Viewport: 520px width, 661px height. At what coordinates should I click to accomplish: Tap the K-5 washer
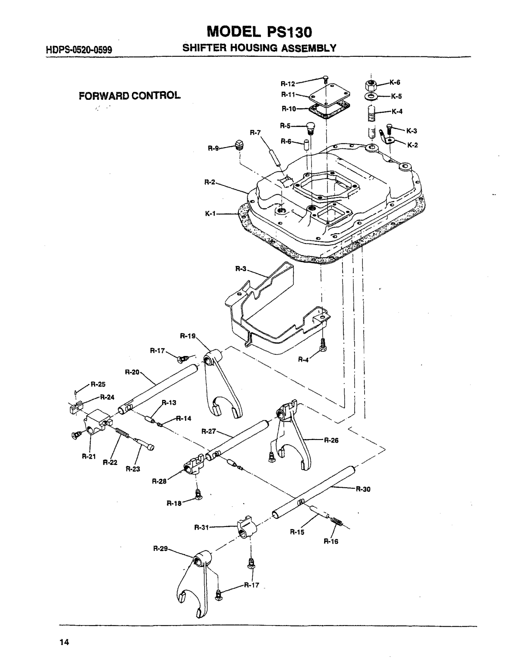[371, 97]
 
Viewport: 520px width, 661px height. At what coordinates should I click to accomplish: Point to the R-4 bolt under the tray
[323, 345]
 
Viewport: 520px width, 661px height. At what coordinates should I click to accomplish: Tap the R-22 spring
[122, 434]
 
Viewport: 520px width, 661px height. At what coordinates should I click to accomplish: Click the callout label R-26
[331, 440]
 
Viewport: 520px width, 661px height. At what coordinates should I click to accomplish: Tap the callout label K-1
[211, 214]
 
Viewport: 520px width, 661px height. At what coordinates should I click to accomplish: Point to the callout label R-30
[363, 489]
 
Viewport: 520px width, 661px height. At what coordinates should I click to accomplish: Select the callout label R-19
[188, 336]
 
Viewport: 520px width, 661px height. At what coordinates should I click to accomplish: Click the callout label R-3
[241, 269]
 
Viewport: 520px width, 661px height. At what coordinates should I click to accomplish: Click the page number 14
[64, 642]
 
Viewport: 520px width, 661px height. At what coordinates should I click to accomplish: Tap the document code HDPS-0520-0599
[79, 50]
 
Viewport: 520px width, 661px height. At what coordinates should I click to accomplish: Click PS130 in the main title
[289, 32]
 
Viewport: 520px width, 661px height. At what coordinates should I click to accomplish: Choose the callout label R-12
[288, 84]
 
